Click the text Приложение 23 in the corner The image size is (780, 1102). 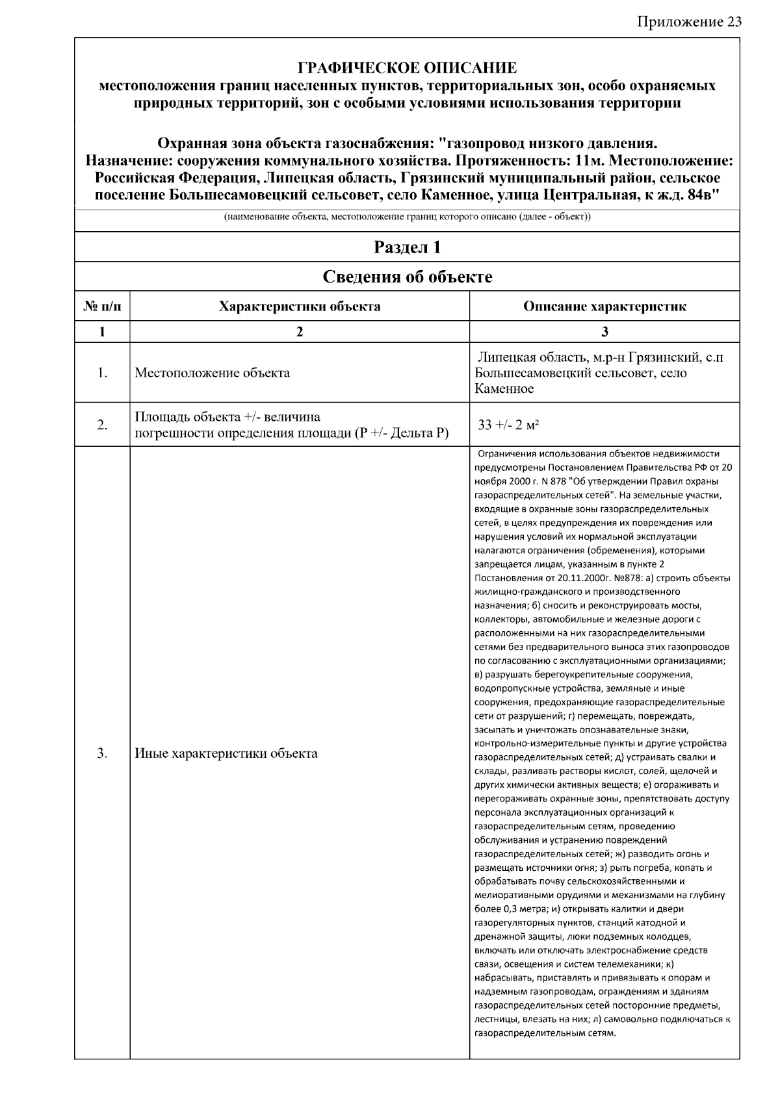[690, 22]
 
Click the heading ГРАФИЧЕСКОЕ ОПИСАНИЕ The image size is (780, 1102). [407, 68]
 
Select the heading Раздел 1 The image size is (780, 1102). [407, 247]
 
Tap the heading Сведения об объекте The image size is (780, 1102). [407, 277]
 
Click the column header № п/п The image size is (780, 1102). [102, 307]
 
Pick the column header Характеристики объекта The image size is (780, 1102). [300, 307]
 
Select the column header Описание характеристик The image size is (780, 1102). [604, 307]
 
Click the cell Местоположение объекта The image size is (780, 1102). [213, 373]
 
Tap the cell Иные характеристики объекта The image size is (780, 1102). [226, 753]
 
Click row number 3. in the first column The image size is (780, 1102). [102, 753]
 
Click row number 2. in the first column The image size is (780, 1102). [102, 425]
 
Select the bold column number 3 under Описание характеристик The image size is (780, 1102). [604, 332]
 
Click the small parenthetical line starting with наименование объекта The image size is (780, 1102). [407, 217]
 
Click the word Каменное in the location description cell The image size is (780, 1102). [504, 389]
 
